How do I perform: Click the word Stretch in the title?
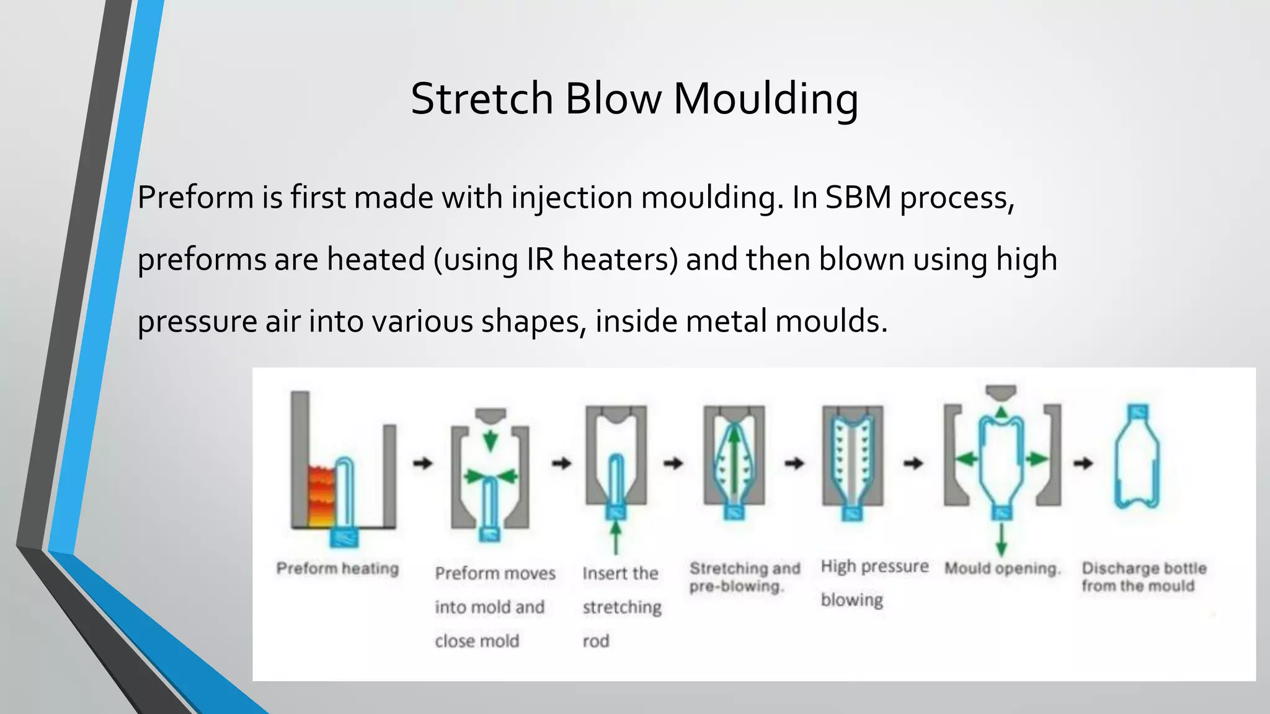(481, 99)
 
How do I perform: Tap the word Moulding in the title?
(766, 99)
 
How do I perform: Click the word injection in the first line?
(571, 198)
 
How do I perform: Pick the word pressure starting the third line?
(197, 322)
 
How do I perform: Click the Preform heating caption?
(337, 568)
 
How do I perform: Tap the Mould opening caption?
(1002, 568)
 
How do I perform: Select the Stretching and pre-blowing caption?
(744, 576)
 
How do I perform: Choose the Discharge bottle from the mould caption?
(1144, 576)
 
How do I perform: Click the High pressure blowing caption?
(874, 583)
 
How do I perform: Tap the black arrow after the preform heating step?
(423, 463)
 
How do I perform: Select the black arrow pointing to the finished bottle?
(1083, 463)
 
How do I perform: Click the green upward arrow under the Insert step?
(615, 537)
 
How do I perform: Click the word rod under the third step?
(596, 641)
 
